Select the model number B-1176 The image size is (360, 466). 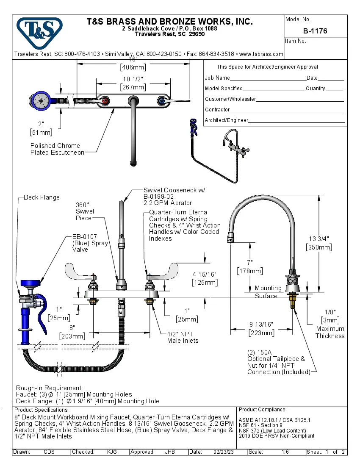(x=315, y=31)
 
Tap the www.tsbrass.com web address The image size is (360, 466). (x=261, y=54)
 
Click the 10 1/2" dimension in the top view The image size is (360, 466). (x=133, y=80)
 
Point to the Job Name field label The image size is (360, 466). (x=217, y=78)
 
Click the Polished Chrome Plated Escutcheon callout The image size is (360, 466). (x=57, y=149)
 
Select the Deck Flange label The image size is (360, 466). (x=42, y=197)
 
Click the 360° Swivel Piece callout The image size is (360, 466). (x=85, y=211)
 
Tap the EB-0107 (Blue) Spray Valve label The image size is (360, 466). (x=90, y=243)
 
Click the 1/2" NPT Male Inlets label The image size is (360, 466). (x=183, y=337)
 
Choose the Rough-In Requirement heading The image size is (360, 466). (x=49, y=388)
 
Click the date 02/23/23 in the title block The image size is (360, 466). (x=224, y=452)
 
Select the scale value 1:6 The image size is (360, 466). (x=285, y=452)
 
